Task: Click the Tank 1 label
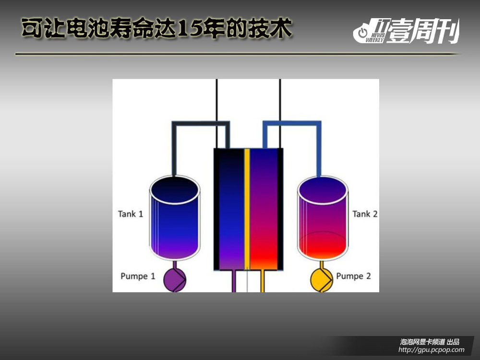[x=131, y=214]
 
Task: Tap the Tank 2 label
[x=365, y=214]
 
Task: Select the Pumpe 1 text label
[x=138, y=276]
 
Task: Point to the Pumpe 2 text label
[x=353, y=276]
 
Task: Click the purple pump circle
[x=175, y=280]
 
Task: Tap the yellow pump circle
[x=322, y=280]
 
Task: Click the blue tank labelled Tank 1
[x=175, y=218]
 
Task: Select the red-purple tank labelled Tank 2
[x=323, y=218]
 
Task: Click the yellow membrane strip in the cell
[x=247, y=209]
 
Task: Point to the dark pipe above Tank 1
[x=201, y=123]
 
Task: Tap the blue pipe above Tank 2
[x=292, y=123]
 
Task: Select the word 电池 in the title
[x=88, y=28]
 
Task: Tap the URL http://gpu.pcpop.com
[x=432, y=349]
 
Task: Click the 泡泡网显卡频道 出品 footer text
[x=430, y=342]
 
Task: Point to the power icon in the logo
[x=362, y=33]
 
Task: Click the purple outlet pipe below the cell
[x=234, y=281]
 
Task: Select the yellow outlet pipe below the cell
[x=263, y=281]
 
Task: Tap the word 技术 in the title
[x=270, y=28]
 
